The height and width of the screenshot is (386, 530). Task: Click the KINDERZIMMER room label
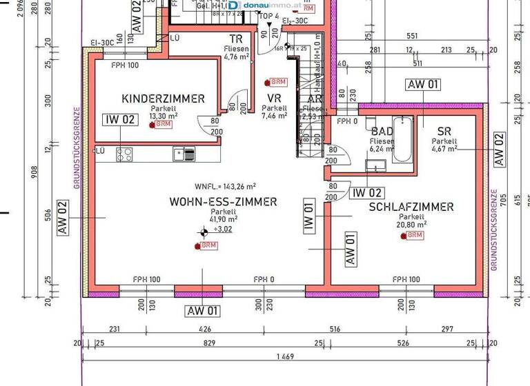pos(163,99)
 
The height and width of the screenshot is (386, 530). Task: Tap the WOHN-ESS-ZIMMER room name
pos(223,202)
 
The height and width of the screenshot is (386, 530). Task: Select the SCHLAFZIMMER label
pos(411,207)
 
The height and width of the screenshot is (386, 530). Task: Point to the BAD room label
pos(382,131)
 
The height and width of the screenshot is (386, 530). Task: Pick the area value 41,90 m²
pos(223,220)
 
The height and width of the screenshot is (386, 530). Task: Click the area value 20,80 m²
pos(411,224)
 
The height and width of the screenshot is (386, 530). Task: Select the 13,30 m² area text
pos(164,116)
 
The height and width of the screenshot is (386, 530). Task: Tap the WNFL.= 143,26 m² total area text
pos(226,186)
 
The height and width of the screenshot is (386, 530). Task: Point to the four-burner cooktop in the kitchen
pos(125,154)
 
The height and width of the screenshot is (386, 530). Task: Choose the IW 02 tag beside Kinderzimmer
pos(120,119)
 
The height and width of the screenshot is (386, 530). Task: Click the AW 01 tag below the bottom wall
pos(202,311)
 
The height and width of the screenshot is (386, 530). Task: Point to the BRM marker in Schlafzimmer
pos(412,235)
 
